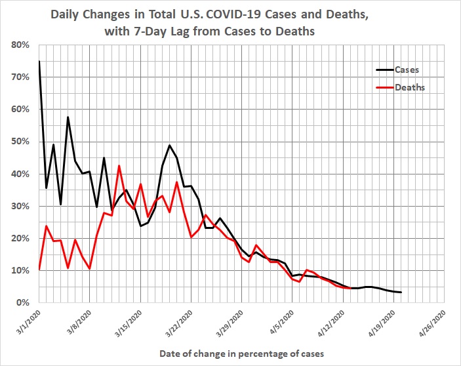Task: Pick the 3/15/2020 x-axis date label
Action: click(129, 321)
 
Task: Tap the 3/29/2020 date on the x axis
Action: click(231, 321)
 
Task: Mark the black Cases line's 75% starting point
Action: click(39, 61)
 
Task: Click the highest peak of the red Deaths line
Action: click(119, 166)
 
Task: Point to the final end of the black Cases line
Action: click(401, 293)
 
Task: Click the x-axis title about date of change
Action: click(242, 354)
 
